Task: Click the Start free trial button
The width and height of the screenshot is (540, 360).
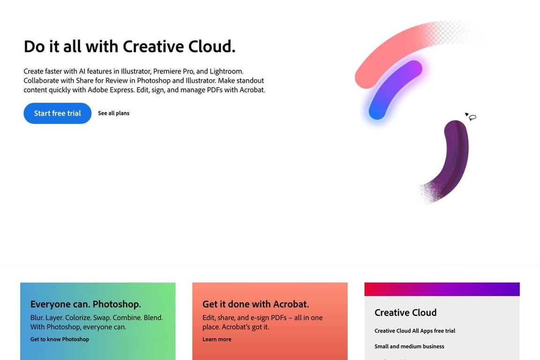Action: (57, 113)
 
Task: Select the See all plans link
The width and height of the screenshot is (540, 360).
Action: (113, 113)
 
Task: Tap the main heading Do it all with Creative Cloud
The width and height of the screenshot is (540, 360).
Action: (129, 46)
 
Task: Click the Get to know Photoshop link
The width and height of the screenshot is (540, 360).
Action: (60, 339)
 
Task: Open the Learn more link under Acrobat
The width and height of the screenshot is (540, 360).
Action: (217, 339)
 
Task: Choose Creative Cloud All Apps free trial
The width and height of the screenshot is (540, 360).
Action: (415, 331)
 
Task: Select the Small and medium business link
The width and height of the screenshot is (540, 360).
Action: (409, 346)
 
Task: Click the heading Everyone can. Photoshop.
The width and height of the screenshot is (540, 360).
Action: (85, 304)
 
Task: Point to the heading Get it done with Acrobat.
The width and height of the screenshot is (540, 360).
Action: (255, 304)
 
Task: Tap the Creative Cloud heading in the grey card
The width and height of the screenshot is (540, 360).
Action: (405, 313)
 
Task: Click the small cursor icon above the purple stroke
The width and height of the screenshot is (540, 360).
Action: (471, 116)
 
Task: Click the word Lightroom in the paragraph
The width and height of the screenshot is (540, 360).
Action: (226, 71)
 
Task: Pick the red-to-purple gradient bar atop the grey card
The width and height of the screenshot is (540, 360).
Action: (442, 289)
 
